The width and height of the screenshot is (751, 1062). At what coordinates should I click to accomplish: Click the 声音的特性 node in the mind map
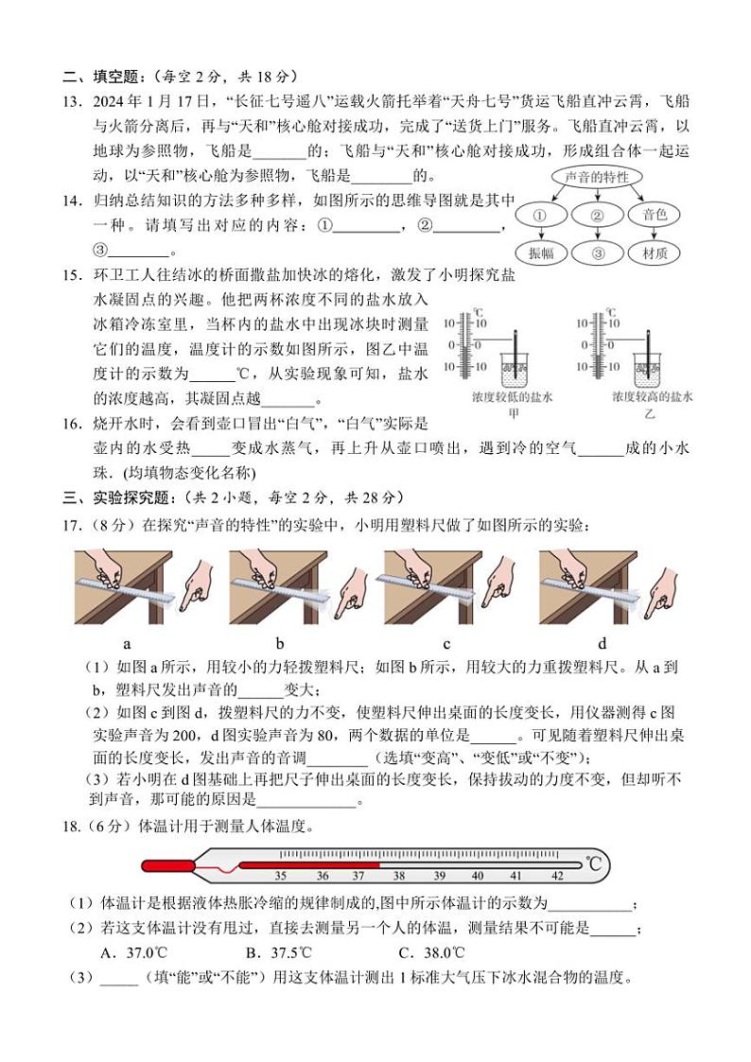(597, 177)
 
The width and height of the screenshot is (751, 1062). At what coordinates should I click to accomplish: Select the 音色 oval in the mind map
(654, 216)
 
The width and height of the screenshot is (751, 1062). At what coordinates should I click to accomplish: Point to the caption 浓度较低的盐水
(512, 397)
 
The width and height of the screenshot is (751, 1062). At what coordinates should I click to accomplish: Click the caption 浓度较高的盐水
(652, 397)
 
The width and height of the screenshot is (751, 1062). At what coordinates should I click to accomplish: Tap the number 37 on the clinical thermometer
(358, 877)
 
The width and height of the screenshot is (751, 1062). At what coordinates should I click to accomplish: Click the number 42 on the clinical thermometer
(557, 877)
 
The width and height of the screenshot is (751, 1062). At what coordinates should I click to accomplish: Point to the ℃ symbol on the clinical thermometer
(593, 863)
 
